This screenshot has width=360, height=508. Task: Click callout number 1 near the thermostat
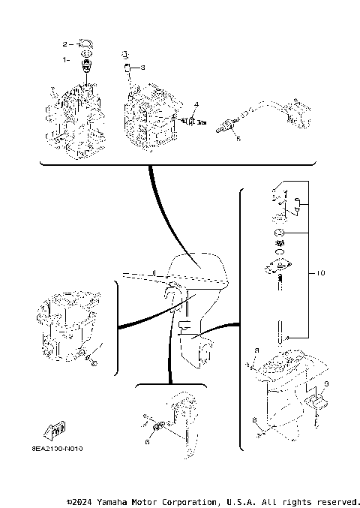(65, 59)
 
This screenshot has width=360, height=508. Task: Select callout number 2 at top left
(65, 44)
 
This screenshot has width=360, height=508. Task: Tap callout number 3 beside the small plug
(143, 68)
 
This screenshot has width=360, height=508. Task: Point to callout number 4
(196, 103)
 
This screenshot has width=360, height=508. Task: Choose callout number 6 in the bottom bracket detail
(147, 441)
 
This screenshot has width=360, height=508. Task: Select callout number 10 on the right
(321, 274)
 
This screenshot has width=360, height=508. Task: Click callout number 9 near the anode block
(326, 384)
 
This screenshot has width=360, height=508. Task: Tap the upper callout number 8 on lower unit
(256, 350)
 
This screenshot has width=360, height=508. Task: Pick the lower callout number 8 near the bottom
(255, 419)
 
